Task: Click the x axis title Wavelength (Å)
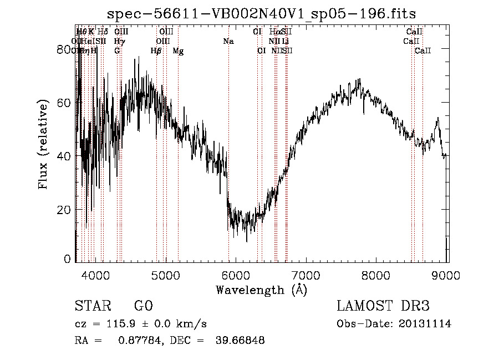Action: click(261, 290)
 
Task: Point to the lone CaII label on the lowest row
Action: click(423, 50)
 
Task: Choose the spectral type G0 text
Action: click(143, 306)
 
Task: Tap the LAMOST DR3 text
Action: click(383, 306)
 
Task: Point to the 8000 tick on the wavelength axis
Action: click(376, 275)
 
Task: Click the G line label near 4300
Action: click(117, 50)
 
